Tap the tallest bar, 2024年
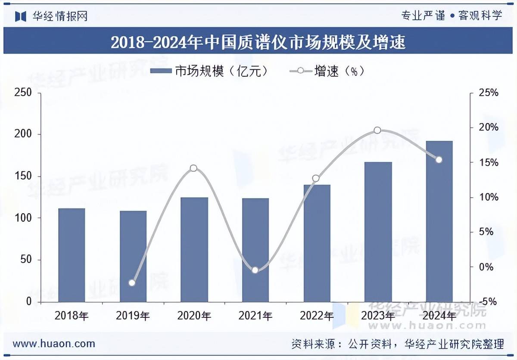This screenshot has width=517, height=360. coord(439,221)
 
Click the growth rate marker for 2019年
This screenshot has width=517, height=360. coord(132,283)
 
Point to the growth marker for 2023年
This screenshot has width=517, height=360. coord(377,130)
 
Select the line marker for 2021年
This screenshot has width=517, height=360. coord(255,270)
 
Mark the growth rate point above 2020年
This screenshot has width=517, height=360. coord(193,168)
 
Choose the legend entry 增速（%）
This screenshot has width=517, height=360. coord(327,71)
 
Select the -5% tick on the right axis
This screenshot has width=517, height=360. coord(489,301)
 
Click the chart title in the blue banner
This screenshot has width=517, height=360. coord(258,42)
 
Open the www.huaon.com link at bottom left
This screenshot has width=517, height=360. coord(54,344)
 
